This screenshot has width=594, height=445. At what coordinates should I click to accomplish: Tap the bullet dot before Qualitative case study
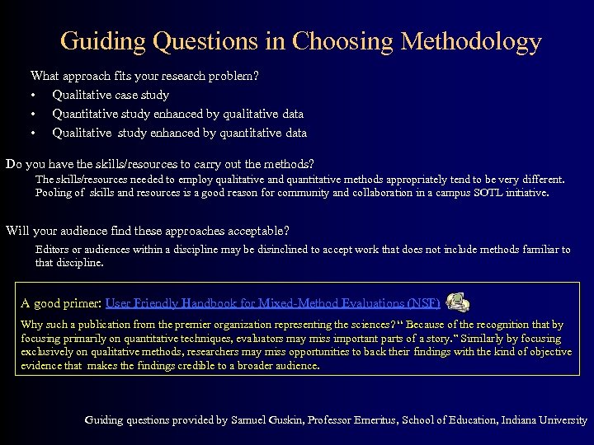[35, 95]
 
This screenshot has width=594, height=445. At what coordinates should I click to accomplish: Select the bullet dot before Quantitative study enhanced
[35, 114]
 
